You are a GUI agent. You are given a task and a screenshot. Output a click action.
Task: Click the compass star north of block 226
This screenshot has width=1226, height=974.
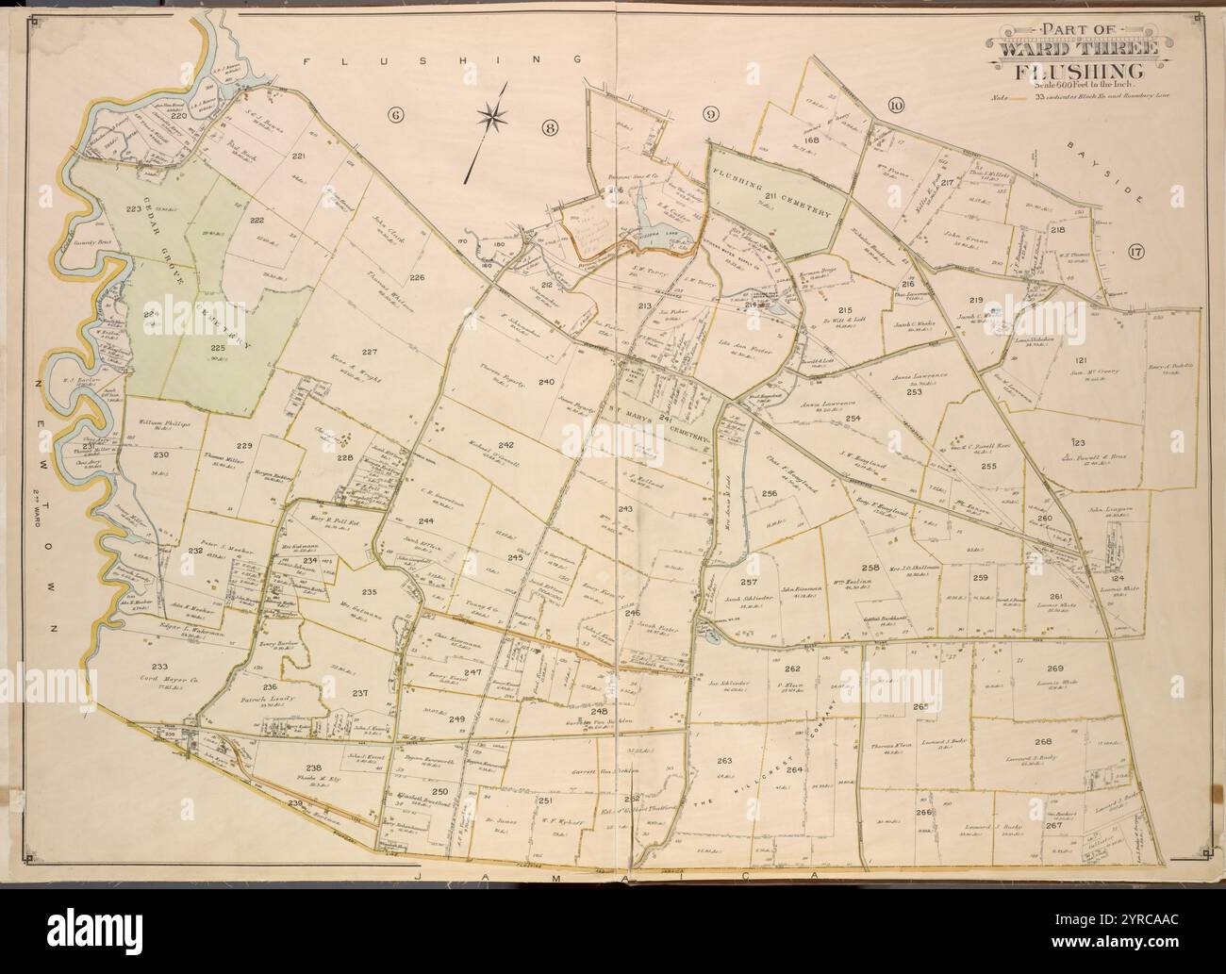(x=491, y=118)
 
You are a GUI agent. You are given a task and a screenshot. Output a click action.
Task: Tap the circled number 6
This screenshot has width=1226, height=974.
(x=395, y=115)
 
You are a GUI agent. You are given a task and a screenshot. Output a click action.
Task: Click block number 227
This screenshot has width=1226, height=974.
(x=370, y=352)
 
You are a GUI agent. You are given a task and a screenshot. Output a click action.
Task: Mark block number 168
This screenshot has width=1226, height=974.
(x=811, y=140)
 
